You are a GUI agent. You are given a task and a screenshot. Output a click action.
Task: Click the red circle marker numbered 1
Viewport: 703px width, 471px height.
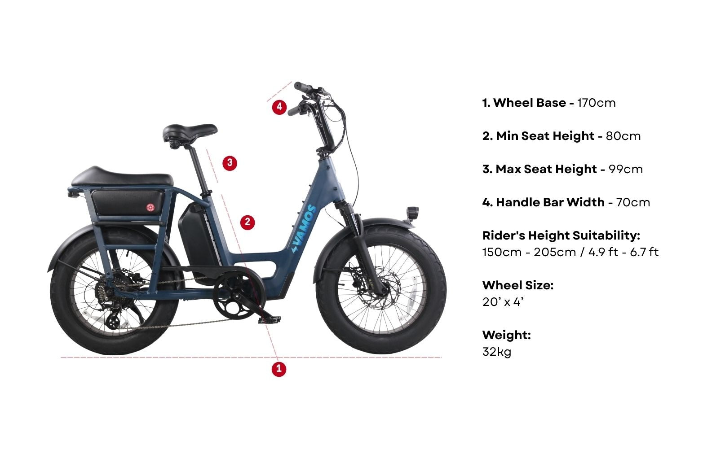click(x=279, y=369)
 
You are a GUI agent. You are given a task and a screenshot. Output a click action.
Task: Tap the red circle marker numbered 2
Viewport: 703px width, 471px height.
click(x=248, y=222)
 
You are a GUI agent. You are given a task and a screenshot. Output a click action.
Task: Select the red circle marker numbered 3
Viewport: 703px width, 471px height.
click(x=230, y=162)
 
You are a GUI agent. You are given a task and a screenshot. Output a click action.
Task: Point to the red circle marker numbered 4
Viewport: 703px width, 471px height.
click(x=279, y=107)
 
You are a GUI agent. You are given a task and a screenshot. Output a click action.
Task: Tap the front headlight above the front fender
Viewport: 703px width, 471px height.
click(x=412, y=212)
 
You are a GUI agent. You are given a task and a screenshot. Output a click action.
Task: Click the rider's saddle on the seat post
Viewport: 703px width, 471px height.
click(x=190, y=131)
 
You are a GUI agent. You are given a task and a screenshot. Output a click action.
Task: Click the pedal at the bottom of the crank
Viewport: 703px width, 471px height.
click(x=269, y=319)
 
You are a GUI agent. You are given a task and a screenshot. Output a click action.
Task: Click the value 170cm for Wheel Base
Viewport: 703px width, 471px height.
click(x=596, y=103)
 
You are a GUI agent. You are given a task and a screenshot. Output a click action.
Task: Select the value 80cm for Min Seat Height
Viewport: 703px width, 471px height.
click(x=623, y=136)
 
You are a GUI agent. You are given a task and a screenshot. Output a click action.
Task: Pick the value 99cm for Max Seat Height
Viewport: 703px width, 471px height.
click(x=625, y=169)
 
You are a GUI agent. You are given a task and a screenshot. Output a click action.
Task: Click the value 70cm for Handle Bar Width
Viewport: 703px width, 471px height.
click(x=633, y=202)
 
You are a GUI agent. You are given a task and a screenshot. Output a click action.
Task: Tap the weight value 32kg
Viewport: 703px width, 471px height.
click(x=497, y=352)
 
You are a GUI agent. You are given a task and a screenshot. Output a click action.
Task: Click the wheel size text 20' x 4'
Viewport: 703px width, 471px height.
click(x=503, y=302)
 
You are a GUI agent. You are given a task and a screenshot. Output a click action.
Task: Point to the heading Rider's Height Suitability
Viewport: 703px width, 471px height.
click(x=561, y=235)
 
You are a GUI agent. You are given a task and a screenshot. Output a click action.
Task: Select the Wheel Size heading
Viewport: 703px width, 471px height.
click(x=517, y=285)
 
